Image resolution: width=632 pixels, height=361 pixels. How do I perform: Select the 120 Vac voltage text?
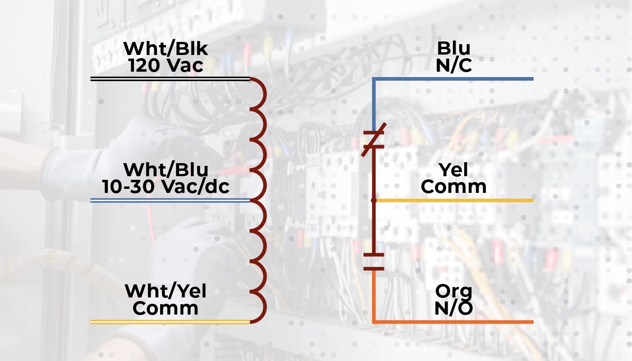click(x=166, y=66)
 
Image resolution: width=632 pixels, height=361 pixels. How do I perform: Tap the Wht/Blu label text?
click(x=166, y=170)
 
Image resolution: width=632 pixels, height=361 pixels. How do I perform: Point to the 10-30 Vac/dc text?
click(x=166, y=187)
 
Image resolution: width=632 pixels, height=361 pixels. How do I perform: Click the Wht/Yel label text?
click(x=166, y=291)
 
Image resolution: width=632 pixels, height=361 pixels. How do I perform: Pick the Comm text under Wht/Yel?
click(x=166, y=309)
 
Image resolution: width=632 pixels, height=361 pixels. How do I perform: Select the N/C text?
click(x=453, y=66)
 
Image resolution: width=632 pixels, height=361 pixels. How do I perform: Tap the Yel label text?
click(x=453, y=170)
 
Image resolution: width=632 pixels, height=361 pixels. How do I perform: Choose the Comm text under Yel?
click(x=453, y=187)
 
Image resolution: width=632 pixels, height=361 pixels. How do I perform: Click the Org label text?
click(x=453, y=291)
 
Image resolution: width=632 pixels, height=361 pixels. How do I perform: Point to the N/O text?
click(x=453, y=309)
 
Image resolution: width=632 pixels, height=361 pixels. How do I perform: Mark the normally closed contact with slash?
click(x=374, y=140)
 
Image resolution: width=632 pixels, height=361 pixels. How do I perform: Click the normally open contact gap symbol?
click(x=374, y=262)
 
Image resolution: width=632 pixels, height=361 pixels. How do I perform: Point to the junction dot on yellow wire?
click(x=374, y=200)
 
